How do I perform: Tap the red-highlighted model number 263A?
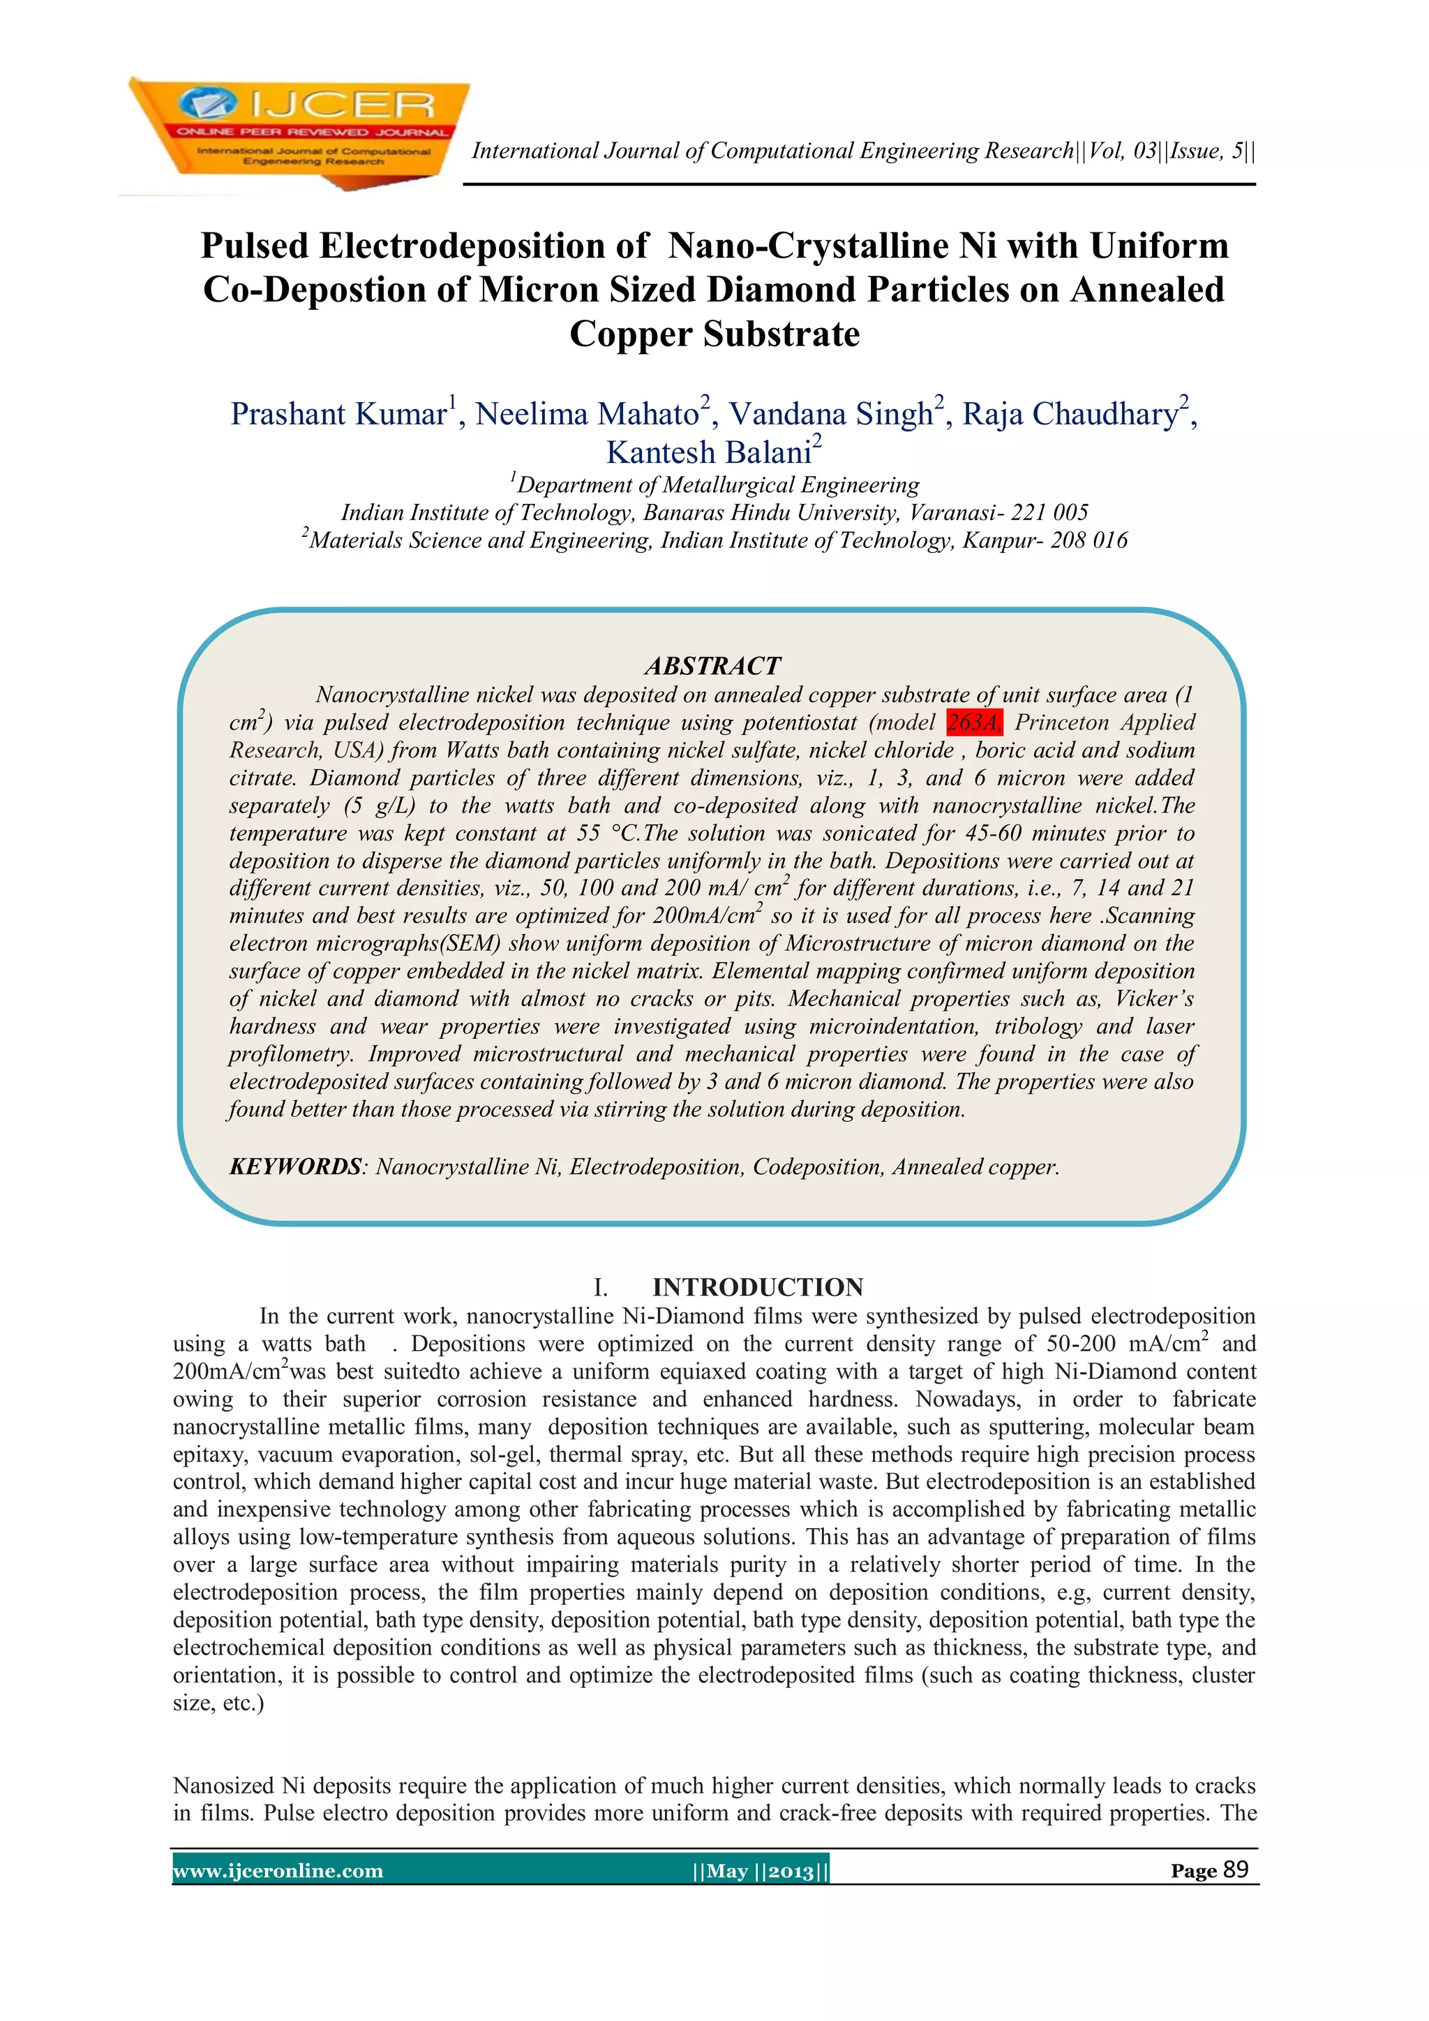[973, 723]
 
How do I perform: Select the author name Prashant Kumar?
[339, 414]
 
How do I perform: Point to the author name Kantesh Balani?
[708, 452]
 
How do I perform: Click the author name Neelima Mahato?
[587, 414]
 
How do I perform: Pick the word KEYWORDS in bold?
[294, 1167]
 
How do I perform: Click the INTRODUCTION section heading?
[758, 1287]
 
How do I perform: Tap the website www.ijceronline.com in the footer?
[278, 1870]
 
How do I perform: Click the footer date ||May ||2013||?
[761, 1870]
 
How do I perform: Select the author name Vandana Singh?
[830, 414]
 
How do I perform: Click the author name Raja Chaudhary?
[1069, 414]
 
